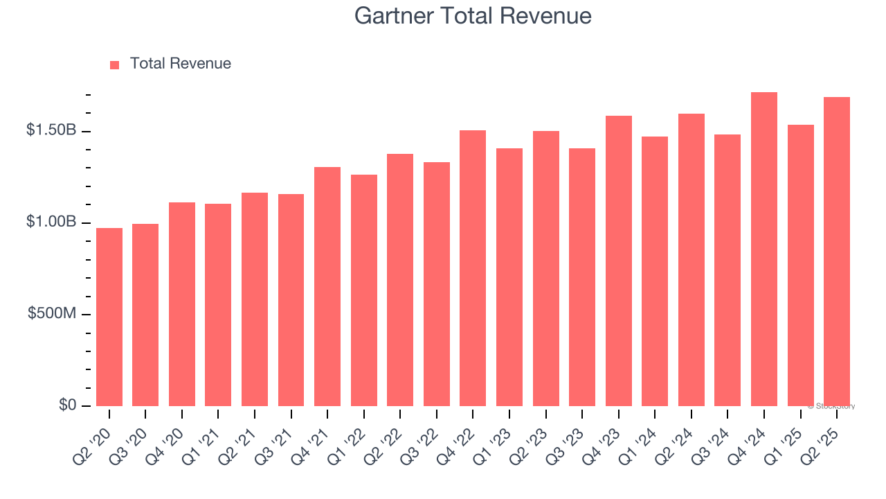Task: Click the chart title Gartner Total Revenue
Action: pyautogui.click(x=473, y=15)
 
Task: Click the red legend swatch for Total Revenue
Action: pyautogui.click(x=115, y=64)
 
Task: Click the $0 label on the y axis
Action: pyautogui.click(x=68, y=405)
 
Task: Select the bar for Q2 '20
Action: pyautogui.click(x=109, y=317)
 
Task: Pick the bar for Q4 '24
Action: pyautogui.click(x=764, y=249)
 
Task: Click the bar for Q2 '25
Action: pyautogui.click(x=837, y=252)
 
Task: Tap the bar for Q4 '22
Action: pyautogui.click(x=473, y=268)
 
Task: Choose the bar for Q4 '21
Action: pyautogui.click(x=327, y=287)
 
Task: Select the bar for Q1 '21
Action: pyautogui.click(x=218, y=305)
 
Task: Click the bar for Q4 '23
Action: pyautogui.click(x=619, y=261)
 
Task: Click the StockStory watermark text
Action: pyautogui.click(x=831, y=406)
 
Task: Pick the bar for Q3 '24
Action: pyautogui.click(x=727, y=270)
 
